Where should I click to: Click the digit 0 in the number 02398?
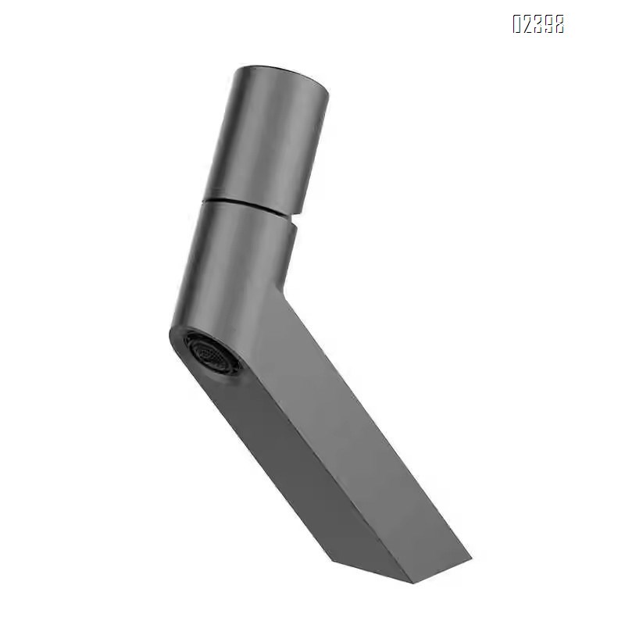[517, 24]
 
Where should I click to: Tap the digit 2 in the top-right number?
[528, 24]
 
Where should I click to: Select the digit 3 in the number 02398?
[538, 24]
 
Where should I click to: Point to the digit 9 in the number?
[548, 24]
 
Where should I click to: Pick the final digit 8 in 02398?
[559, 24]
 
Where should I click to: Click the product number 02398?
[538, 24]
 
